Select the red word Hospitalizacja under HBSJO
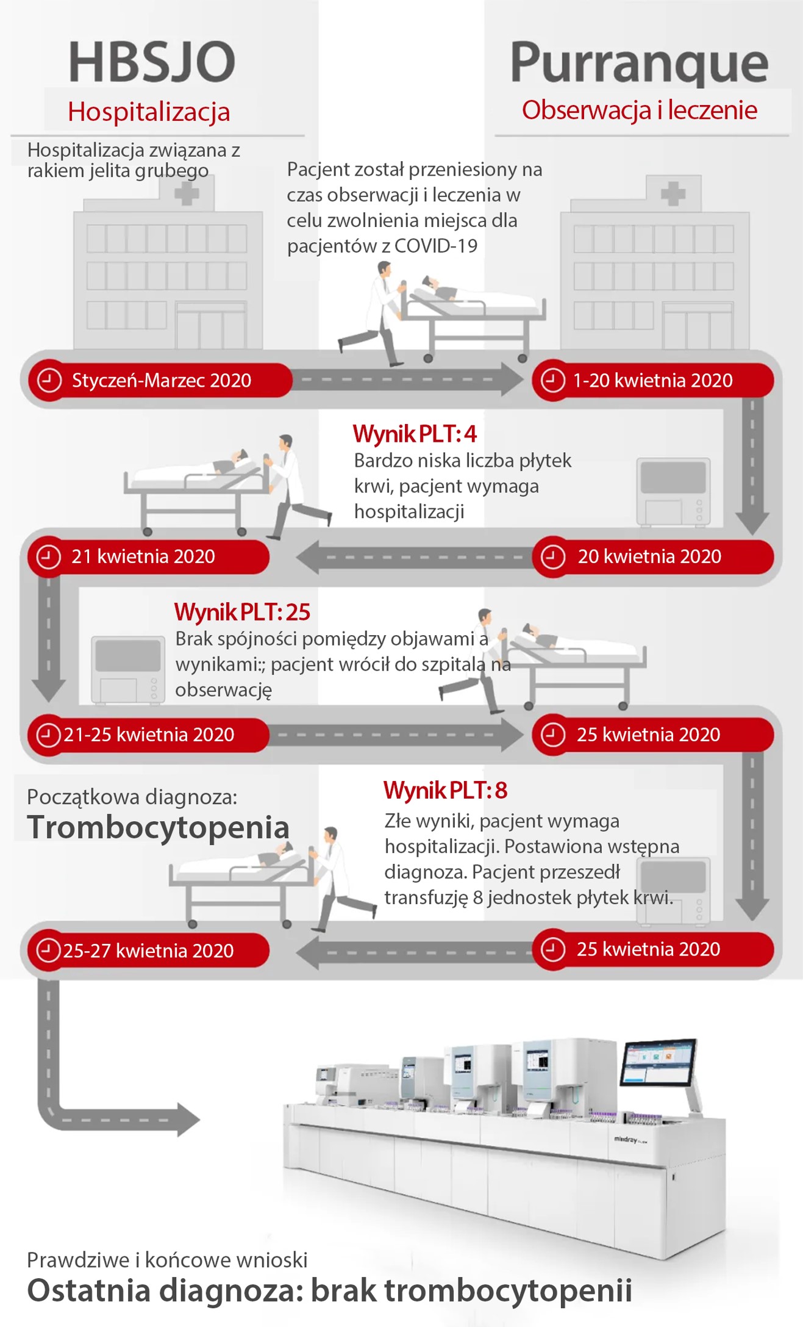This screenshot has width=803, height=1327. (149, 112)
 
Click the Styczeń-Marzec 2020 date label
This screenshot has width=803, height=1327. (162, 380)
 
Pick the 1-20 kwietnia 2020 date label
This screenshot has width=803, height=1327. (652, 380)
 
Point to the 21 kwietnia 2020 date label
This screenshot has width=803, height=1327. (143, 556)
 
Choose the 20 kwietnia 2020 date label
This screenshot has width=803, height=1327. (649, 556)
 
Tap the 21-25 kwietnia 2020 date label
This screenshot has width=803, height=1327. (149, 735)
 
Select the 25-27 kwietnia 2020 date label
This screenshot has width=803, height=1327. (148, 951)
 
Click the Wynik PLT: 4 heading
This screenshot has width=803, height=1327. (415, 434)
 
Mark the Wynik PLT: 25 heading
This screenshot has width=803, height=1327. (242, 612)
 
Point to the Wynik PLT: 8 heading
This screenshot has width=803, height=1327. (445, 790)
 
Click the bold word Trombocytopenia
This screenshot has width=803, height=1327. (158, 827)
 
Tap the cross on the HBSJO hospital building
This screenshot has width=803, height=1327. (187, 195)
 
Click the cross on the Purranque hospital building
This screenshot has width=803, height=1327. (673, 194)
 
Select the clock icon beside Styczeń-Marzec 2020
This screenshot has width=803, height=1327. (49, 380)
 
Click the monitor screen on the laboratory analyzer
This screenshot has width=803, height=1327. (658, 1063)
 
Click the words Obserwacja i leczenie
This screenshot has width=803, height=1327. (639, 110)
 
